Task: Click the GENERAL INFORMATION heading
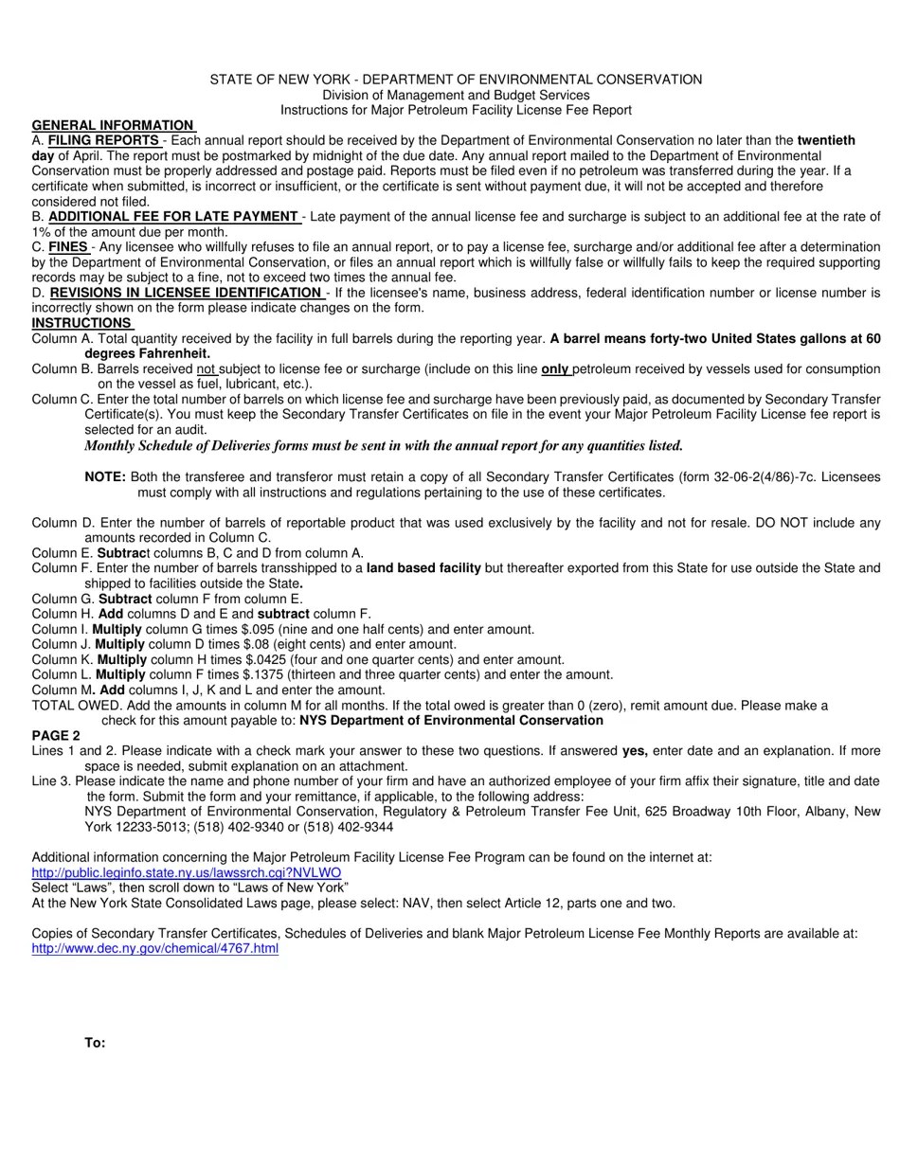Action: click(113, 125)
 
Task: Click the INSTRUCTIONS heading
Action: click(82, 323)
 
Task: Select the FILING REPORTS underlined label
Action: click(104, 140)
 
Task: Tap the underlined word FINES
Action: click(68, 247)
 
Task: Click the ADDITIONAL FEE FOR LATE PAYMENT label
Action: click(173, 217)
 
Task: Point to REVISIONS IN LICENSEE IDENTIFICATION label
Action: click(186, 293)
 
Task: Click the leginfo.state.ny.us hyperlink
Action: click(186, 872)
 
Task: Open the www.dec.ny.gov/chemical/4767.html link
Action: click(154, 948)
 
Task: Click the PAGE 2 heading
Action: click(56, 736)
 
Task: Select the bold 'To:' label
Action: click(95, 1043)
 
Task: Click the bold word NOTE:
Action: click(105, 477)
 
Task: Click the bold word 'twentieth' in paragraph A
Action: click(826, 140)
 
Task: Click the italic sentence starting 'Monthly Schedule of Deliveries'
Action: click(383, 445)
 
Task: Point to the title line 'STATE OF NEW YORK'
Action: click(456, 80)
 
